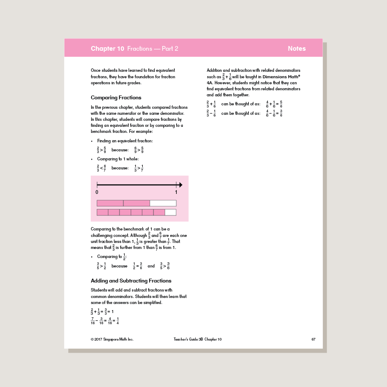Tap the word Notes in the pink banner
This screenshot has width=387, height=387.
click(x=297, y=49)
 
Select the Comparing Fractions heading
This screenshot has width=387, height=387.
click(x=116, y=98)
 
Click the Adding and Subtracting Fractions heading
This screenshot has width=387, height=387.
click(x=131, y=281)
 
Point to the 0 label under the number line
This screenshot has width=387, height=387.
click(x=97, y=192)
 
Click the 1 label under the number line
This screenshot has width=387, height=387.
click(x=176, y=192)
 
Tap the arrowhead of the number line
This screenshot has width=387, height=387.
click(x=180, y=185)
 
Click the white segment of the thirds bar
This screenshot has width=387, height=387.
click(x=163, y=203)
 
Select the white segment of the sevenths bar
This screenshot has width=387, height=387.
click(x=171, y=212)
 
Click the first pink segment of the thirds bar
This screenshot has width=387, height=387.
click(x=110, y=203)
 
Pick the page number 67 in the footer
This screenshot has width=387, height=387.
click(x=313, y=339)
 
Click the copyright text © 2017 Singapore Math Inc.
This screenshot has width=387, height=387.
click(x=112, y=339)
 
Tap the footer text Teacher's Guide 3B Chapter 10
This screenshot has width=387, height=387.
click(x=195, y=339)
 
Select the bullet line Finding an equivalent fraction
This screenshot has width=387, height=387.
click(x=125, y=141)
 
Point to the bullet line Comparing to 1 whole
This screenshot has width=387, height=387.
click(x=118, y=159)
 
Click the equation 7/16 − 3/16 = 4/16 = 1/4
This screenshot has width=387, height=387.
click(x=105, y=320)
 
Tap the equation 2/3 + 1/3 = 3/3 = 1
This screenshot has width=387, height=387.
click(x=102, y=311)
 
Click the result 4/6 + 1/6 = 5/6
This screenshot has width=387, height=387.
click(x=274, y=104)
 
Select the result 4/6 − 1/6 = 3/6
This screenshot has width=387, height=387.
click(x=274, y=114)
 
